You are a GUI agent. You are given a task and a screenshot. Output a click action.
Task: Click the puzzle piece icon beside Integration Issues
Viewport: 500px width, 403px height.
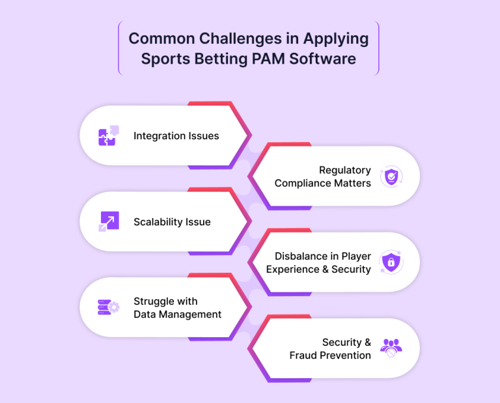[x=109, y=135]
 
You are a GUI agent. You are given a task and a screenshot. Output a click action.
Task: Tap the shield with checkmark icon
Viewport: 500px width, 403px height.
[x=391, y=176]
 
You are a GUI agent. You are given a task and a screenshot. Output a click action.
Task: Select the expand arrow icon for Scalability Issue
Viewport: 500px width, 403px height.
[x=109, y=221]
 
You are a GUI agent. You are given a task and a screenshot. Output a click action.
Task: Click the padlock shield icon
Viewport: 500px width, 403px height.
[x=391, y=262]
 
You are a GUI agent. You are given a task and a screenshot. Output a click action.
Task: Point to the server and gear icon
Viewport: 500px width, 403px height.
[x=109, y=307]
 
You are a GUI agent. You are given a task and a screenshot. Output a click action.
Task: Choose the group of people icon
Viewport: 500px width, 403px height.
[x=391, y=348]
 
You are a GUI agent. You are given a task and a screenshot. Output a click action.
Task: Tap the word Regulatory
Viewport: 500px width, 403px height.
[x=345, y=171]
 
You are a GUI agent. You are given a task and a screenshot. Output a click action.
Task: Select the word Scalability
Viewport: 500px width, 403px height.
[x=156, y=222]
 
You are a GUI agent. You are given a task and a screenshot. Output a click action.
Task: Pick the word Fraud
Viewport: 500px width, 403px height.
[x=303, y=355]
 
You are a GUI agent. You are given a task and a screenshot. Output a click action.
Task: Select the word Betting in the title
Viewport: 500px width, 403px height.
[x=221, y=59]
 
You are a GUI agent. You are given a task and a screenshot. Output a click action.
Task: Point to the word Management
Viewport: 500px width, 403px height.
[x=190, y=314]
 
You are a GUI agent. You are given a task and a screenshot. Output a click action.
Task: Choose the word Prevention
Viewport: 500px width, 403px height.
[x=345, y=355]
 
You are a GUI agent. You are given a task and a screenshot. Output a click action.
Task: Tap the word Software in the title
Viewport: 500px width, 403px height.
[x=322, y=59]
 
